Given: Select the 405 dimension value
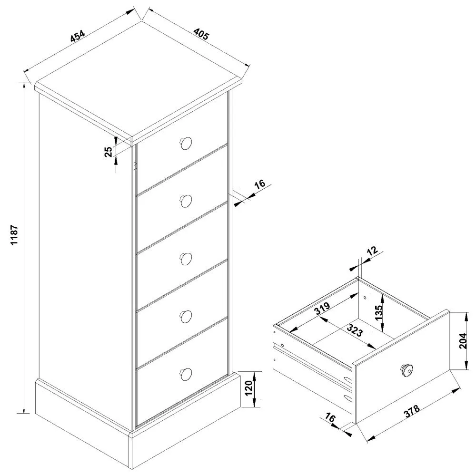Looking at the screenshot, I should [x=201, y=35].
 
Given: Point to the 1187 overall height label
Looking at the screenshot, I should [x=14, y=235].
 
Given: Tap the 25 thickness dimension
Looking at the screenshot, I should [x=109, y=152].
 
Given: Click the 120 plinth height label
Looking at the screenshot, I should [x=248, y=390].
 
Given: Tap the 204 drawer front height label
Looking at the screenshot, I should [x=466, y=340].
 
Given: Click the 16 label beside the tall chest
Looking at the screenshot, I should [x=259, y=185].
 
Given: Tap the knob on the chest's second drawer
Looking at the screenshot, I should [x=186, y=201].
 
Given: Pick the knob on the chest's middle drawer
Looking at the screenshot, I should [x=186, y=258].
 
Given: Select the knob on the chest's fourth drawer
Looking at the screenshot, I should [x=186, y=316].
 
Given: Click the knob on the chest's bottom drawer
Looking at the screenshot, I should [x=186, y=374].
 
